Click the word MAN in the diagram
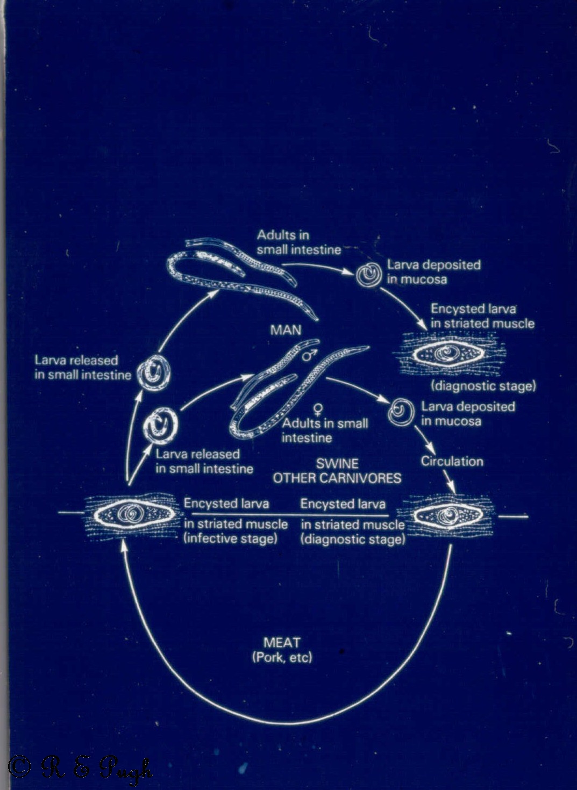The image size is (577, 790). [x=286, y=329]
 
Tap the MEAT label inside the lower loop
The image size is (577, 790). [x=282, y=642]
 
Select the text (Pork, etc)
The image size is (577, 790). [x=282, y=657]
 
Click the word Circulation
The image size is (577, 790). [x=452, y=461]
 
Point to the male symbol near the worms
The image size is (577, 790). [x=308, y=355]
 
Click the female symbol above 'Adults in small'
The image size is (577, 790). [x=318, y=410]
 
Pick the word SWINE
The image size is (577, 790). [x=337, y=464]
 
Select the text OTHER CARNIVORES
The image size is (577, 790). [x=337, y=478]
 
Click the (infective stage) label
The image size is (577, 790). [x=231, y=538]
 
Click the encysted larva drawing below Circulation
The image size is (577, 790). [x=447, y=515]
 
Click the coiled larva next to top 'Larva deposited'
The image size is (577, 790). [x=368, y=274]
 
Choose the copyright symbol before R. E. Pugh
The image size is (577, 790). [x=19, y=767]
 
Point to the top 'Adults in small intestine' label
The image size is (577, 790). [x=298, y=242]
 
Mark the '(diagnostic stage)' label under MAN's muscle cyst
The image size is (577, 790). [x=483, y=386]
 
